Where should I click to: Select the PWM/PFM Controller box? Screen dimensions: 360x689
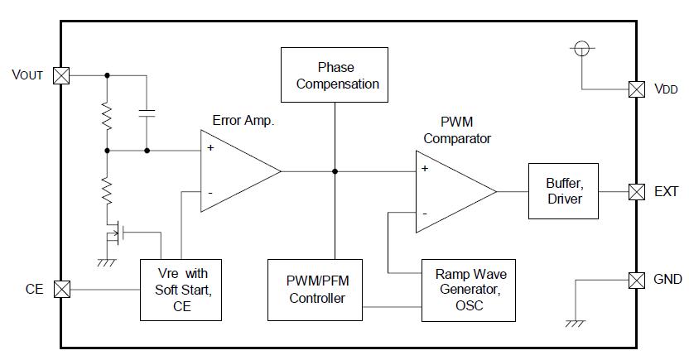pyautogui.click(x=317, y=290)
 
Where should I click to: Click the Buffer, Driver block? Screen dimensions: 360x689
pyautogui.click(x=563, y=191)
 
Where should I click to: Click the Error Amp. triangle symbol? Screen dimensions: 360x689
pyautogui.click(x=236, y=171)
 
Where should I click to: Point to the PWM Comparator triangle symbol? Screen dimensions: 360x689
pyautogui.click(x=451, y=191)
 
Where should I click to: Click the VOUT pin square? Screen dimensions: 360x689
pyautogui.click(x=61, y=75)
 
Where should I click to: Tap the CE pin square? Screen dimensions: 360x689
pyautogui.click(x=61, y=290)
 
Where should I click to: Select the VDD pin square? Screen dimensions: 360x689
pyautogui.click(x=636, y=89)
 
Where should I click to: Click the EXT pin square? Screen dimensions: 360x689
pyautogui.click(x=636, y=191)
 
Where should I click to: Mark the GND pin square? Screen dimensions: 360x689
pyautogui.click(x=636, y=280)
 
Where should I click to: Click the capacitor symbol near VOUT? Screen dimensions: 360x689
pyautogui.click(x=147, y=113)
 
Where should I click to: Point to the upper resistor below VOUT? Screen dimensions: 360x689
pyautogui.click(x=107, y=116)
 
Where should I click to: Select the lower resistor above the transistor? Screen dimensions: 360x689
pyautogui.click(x=107, y=191)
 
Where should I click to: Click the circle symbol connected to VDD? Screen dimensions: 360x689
pyautogui.click(x=582, y=48)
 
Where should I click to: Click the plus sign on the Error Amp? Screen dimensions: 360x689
pyautogui.click(x=210, y=148)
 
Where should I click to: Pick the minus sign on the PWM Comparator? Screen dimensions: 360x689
pyautogui.click(x=425, y=214)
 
